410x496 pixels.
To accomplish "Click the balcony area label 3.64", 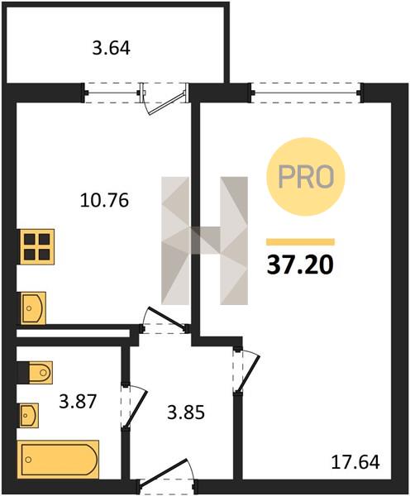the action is tap(112, 49).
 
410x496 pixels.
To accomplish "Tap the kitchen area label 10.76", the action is tap(104, 200).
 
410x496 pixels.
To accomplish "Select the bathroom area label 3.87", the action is tap(78, 402).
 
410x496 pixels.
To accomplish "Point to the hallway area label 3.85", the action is tap(186, 413).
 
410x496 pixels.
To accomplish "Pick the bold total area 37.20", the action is tap(300, 265).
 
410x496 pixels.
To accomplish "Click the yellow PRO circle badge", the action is tap(305, 177).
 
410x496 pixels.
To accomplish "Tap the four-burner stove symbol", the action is tap(37, 246).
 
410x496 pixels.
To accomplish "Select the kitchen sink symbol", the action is tap(33, 308).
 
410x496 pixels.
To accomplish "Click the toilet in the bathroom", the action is tap(35, 372).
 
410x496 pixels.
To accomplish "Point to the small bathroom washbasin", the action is tap(28, 415).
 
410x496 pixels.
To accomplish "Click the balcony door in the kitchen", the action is tap(164, 99).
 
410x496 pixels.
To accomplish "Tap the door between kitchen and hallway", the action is tap(165, 319).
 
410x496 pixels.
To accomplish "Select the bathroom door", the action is tap(134, 406).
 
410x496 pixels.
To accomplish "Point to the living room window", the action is tap(306, 93).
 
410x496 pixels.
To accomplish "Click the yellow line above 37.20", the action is tap(300, 242).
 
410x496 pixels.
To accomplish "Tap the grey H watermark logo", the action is tap(204, 241).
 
